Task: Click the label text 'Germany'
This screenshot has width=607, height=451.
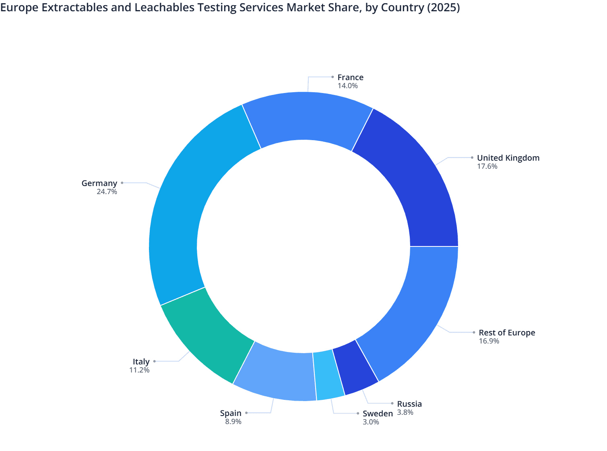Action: pos(99,183)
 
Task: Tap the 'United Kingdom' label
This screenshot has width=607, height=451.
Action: pos(508,158)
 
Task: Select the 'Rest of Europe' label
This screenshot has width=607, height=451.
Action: pos(507,333)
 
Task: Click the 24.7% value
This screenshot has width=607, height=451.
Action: pos(107,192)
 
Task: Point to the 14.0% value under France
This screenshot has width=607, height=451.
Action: pos(347,86)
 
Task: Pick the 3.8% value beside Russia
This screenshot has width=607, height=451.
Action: pos(405,412)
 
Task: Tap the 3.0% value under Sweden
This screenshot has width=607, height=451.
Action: pos(371,422)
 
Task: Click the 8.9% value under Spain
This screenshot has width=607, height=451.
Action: pos(233,422)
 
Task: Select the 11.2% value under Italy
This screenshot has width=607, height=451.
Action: pos(139,370)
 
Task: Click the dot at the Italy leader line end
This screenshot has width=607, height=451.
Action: pos(154,362)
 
